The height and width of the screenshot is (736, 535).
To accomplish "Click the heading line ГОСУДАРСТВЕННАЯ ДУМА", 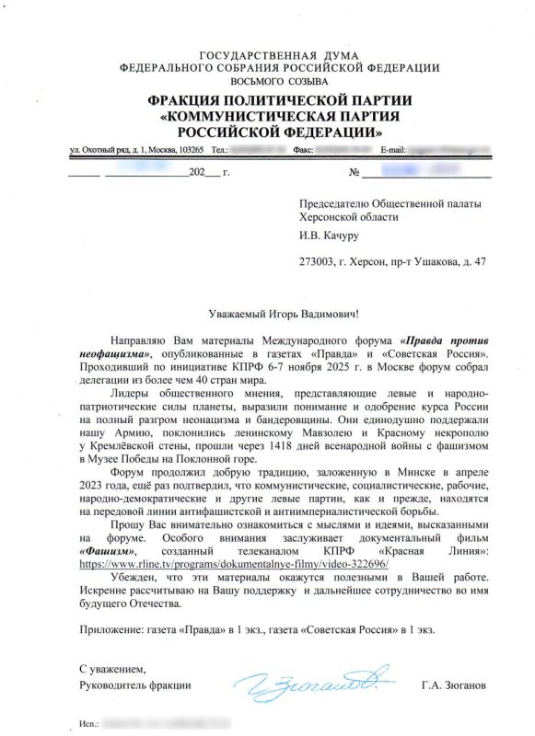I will tap(267, 55).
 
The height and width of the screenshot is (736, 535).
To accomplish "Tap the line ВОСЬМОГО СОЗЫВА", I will tap(267, 81).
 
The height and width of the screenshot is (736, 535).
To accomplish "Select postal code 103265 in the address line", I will tap(190, 149).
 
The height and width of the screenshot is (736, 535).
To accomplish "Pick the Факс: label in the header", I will tap(304, 149).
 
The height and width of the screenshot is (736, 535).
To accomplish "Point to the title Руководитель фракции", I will tap(134, 684).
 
